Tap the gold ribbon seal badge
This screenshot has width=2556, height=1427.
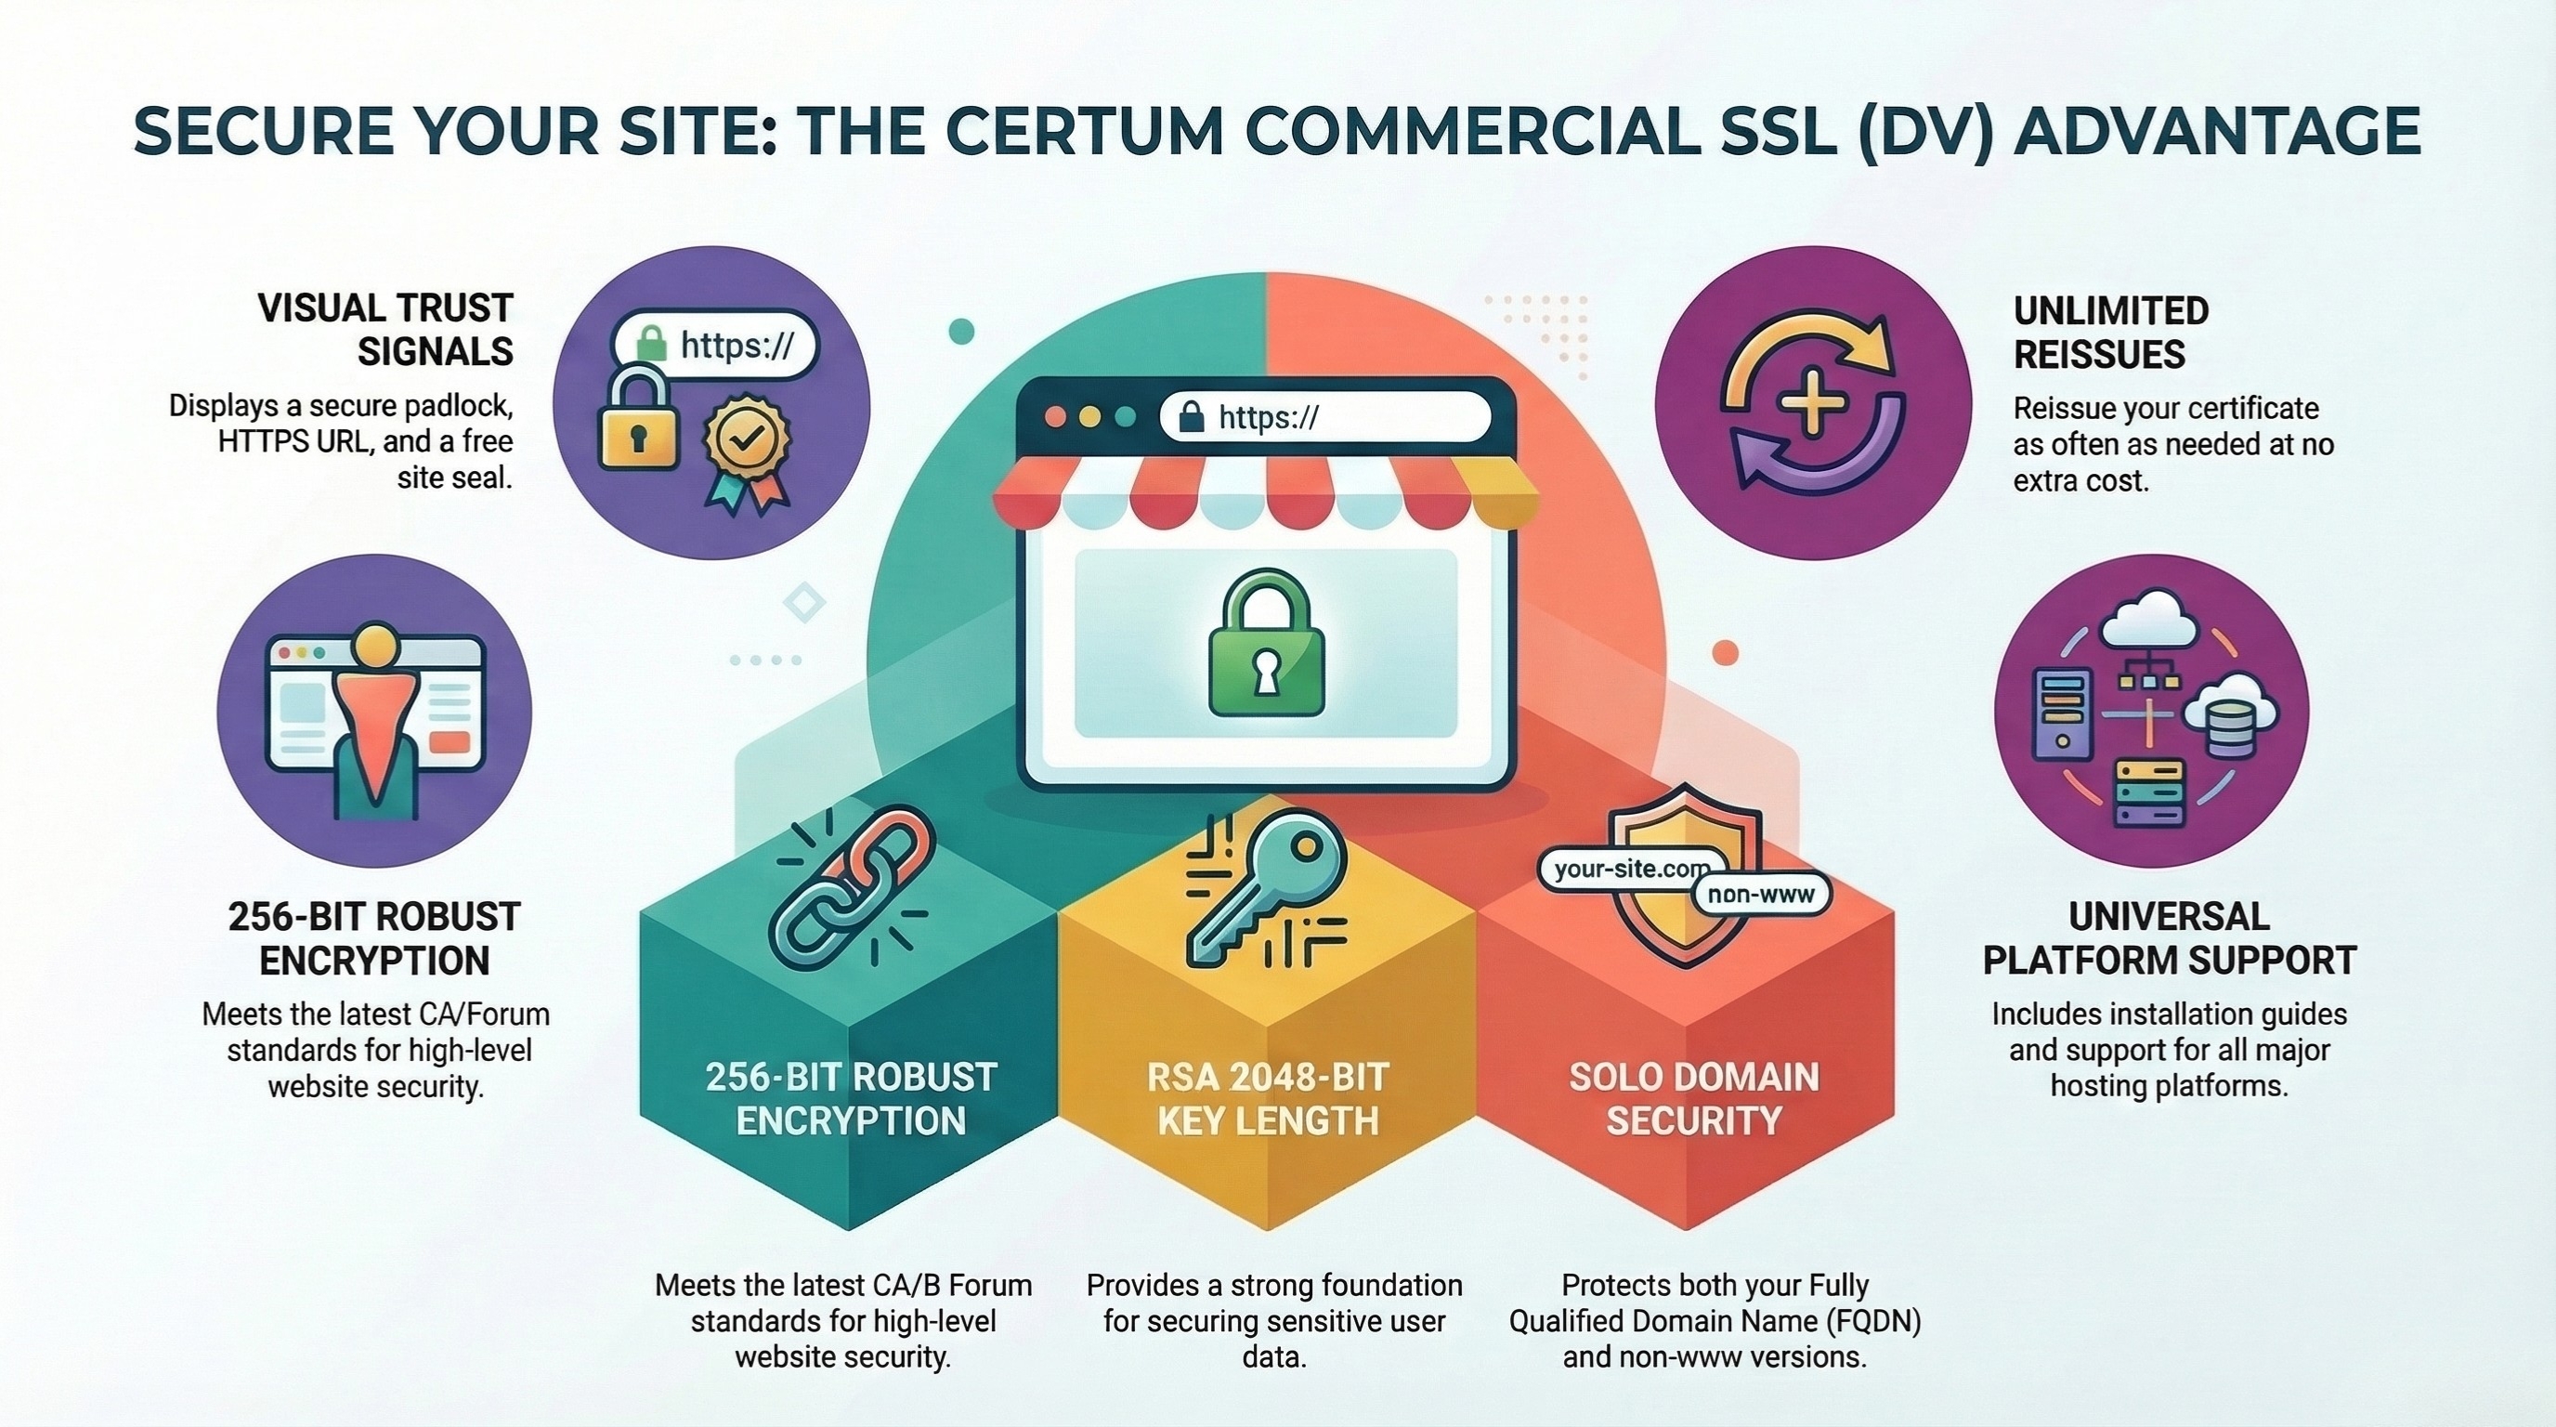click(x=747, y=453)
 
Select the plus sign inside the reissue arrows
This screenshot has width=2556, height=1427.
click(x=1812, y=403)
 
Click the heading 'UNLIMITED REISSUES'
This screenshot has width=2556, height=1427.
click(x=2110, y=333)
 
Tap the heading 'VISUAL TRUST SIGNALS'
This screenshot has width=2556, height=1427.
click(x=385, y=330)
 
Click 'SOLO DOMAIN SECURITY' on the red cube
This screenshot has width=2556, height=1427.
click(x=1694, y=1098)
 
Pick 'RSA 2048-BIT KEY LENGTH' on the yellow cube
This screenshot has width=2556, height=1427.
click(x=1267, y=1098)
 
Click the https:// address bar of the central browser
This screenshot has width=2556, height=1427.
click(x=1324, y=417)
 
